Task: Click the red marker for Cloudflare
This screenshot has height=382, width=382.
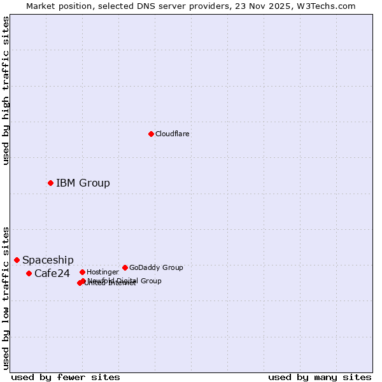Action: click(151, 134)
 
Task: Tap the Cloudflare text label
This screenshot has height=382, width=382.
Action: click(173, 134)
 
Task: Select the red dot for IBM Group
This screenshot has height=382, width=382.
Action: click(50, 183)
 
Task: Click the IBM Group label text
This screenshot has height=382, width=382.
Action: click(83, 183)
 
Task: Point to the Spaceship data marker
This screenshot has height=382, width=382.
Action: click(17, 260)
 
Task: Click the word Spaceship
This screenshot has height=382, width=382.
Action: click(48, 260)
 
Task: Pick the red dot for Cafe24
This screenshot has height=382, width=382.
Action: click(29, 273)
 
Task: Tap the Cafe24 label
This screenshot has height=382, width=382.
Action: click(52, 274)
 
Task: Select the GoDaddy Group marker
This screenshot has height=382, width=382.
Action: click(125, 267)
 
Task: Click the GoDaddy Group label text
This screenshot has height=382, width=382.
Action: click(156, 268)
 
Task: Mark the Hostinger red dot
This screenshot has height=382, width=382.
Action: click(82, 272)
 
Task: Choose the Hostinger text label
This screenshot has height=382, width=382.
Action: click(103, 272)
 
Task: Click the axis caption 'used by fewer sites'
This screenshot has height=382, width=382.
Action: click(66, 378)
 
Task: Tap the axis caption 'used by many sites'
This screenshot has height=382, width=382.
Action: click(320, 378)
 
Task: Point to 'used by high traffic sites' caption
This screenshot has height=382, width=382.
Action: click(6, 90)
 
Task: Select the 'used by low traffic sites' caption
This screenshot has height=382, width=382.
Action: click(6, 298)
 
